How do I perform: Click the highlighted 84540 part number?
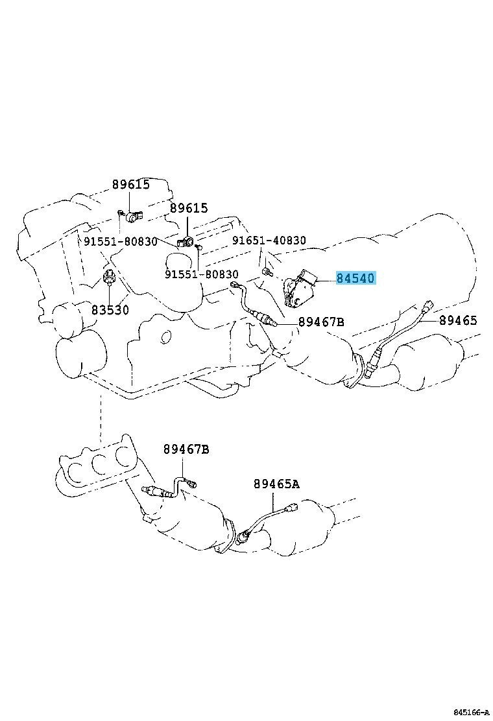356,278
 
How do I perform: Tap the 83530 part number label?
110,309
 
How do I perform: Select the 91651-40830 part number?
269,240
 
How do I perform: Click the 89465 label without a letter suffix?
458,320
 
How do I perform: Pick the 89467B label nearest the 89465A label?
186,449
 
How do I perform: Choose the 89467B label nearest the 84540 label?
321,322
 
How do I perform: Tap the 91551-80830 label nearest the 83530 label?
121,241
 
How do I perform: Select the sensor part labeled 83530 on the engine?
110,276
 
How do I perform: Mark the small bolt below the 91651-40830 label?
266,272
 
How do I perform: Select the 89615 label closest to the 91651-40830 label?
189,208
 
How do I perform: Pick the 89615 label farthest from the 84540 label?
131,184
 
